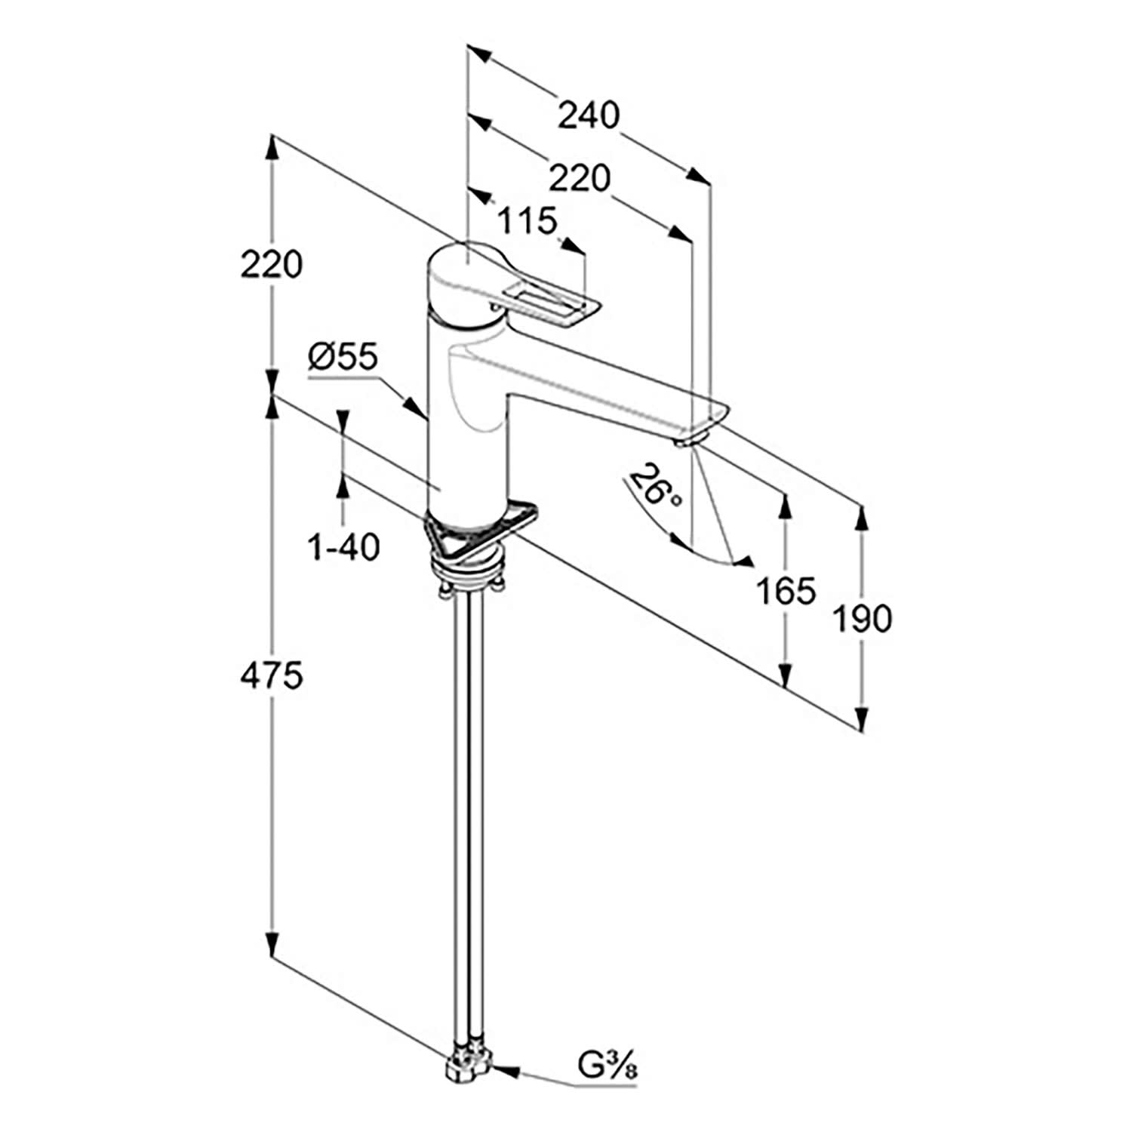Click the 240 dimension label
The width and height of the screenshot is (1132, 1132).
588,115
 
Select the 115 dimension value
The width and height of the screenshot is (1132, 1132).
527,221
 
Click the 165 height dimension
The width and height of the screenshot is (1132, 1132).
786,591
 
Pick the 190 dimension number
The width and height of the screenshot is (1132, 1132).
862,619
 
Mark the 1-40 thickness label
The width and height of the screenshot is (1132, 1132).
343,547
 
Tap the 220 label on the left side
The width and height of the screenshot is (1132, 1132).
272,265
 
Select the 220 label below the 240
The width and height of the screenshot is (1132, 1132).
579,179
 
